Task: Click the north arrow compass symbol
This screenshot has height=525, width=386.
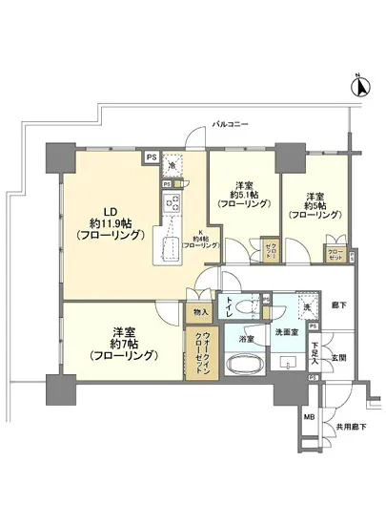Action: click(x=359, y=88)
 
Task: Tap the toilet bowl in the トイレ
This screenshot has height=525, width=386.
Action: click(x=246, y=306)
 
